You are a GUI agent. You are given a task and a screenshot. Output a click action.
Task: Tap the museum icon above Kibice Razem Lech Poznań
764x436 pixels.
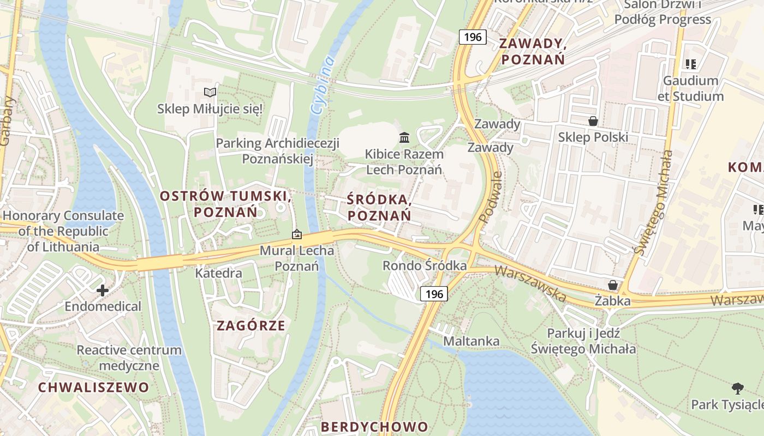pyautogui.click(x=404, y=137)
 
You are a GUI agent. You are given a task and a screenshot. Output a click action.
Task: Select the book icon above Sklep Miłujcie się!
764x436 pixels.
pyautogui.click(x=210, y=92)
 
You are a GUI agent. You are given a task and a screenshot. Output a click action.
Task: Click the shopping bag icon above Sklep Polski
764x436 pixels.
pyautogui.click(x=593, y=120)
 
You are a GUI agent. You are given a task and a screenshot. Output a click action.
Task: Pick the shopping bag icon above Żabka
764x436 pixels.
pyautogui.click(x=613, y=285)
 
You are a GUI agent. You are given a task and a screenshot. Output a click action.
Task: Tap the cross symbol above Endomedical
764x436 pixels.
pyautogui.click(x=102, y=290)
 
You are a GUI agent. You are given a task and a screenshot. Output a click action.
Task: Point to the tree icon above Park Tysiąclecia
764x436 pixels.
pyautogui.click(x=738, y=388)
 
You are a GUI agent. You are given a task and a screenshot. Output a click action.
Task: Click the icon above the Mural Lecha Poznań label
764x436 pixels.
pyautogui.click(x=296, y=234)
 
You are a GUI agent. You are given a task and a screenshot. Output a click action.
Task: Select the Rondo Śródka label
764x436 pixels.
pyautogui.click(x=425, y=265)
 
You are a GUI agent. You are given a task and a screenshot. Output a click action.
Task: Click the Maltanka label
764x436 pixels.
pyautogui.click(x=471, y=341)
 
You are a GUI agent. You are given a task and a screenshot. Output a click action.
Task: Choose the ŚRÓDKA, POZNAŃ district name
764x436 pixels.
pyautogui.click(x=379, y=208)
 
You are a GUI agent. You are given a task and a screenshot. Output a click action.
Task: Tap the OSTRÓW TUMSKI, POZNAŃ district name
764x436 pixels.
pyautogui.click(x=225, y=203)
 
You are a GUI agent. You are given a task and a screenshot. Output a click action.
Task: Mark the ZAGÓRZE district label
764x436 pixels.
pyautogui.click(x=251, y=326)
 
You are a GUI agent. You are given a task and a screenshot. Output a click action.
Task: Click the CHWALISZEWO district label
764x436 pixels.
pyautogui.click(x=93, y=387)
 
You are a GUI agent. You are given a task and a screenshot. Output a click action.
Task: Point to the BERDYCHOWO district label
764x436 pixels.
pyautogui.click(x=374, y=426)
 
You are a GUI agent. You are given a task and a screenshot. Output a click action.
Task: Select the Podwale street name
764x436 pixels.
pyautogui.click(x=491, y=197)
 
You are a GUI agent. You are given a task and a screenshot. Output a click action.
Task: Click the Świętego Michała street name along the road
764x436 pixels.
pyautogui.click(x=652, y=203)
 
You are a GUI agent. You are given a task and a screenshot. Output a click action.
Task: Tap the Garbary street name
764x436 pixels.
pyautogui.click(x=7, y=121)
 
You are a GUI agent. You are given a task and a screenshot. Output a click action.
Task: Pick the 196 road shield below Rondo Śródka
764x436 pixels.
pyautogui.click(x=434, y=294)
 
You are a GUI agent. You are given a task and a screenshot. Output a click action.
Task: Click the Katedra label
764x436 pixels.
pyautogui.click(x=219, y=272)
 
